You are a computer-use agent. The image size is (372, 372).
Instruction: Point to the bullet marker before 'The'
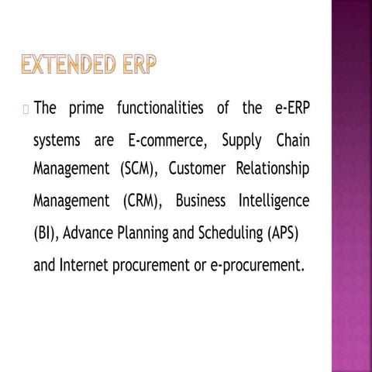coord(26,109)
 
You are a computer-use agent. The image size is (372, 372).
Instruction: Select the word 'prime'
coord(87,108)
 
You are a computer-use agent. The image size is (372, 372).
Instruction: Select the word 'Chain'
coord(293,142)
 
